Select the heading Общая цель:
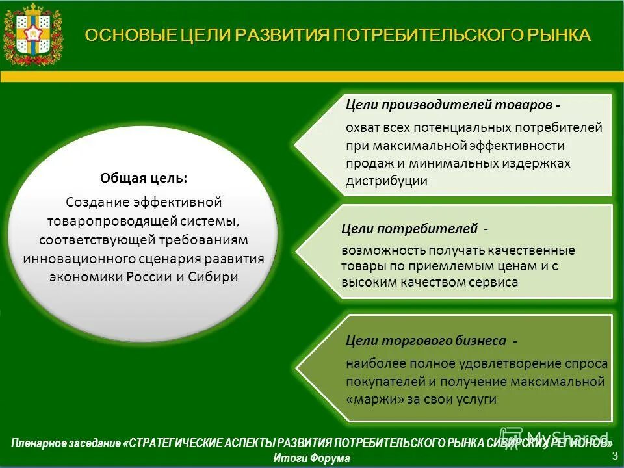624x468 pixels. (x=144, y=177)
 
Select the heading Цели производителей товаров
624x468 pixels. (x=449, y=105)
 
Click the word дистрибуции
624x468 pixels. (x=386, y=181)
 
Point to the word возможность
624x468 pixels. (x=383, y=250)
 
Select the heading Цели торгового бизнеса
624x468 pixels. (x=426, y=340)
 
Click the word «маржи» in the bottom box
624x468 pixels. (x=374, y=399)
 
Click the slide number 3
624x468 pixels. (x=614, y=456)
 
